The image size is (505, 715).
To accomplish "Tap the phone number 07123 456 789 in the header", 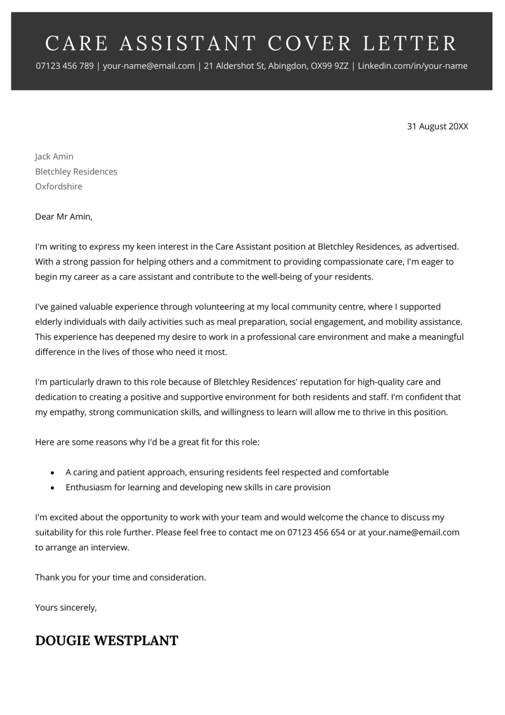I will coord(64,66).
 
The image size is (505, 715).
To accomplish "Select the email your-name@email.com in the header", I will coord(149,66).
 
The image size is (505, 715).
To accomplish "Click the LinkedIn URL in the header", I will coord(413,66).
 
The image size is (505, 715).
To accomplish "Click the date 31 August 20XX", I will coord(437,126).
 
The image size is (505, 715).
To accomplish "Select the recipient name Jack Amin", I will coord(54,157).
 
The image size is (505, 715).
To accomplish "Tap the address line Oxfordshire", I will coord(59,186).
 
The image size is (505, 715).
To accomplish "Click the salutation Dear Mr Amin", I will coord(64,217).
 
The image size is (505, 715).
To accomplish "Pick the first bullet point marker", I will coord(53,473).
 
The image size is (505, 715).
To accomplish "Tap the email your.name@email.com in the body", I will coord(413,532).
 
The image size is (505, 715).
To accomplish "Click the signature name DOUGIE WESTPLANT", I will coord(107,640).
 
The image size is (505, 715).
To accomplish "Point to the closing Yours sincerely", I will coord(66,608).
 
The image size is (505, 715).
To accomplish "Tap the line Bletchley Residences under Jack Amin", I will coord(76,171).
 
